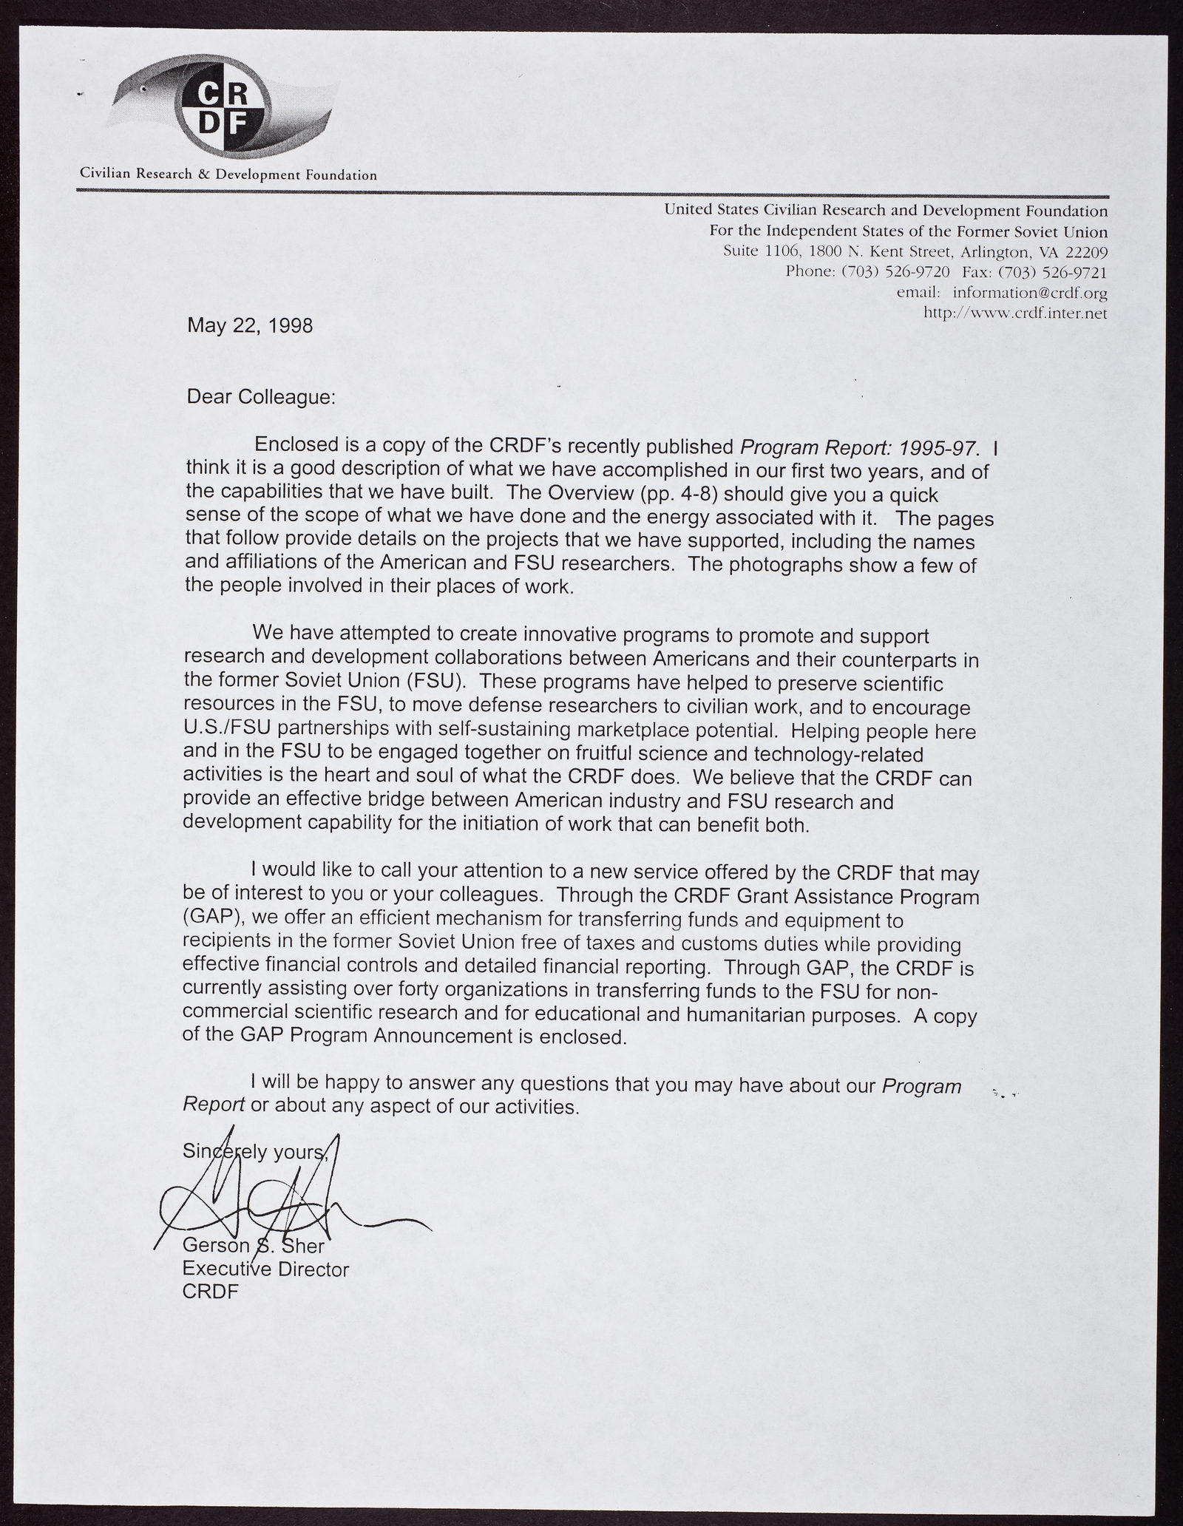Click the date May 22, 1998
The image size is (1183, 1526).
(x=250, y=325)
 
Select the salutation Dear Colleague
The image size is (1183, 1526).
(x=261, y=397)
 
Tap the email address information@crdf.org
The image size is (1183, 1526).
(x=1029, y=293)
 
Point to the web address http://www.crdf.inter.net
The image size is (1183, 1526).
(x=1016, y=313)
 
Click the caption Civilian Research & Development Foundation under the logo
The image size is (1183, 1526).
(x=228, y=175)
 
